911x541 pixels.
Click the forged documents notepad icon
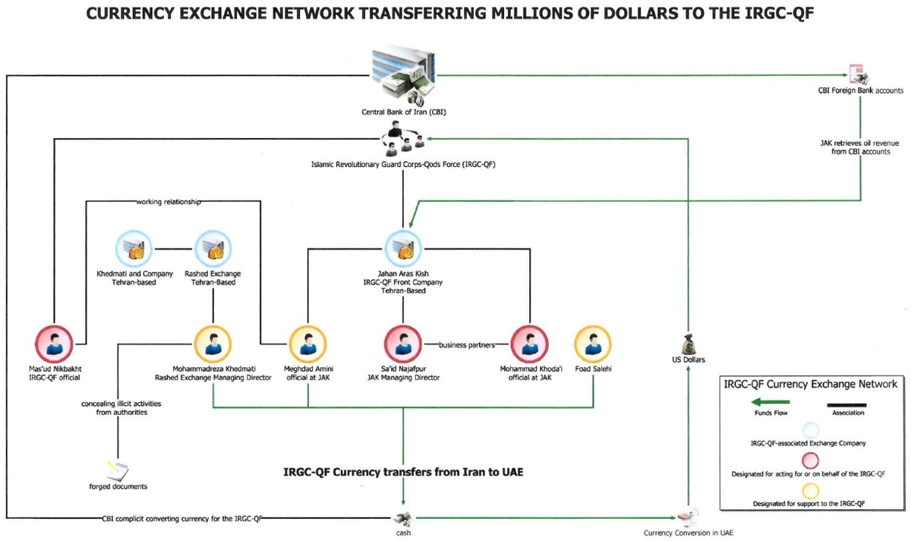click(x=118, y=471)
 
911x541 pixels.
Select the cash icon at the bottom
click(x=402, y=518)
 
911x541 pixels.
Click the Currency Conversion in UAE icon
click(x=689, y=517)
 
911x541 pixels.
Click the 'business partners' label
click(x=466, y=345)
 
